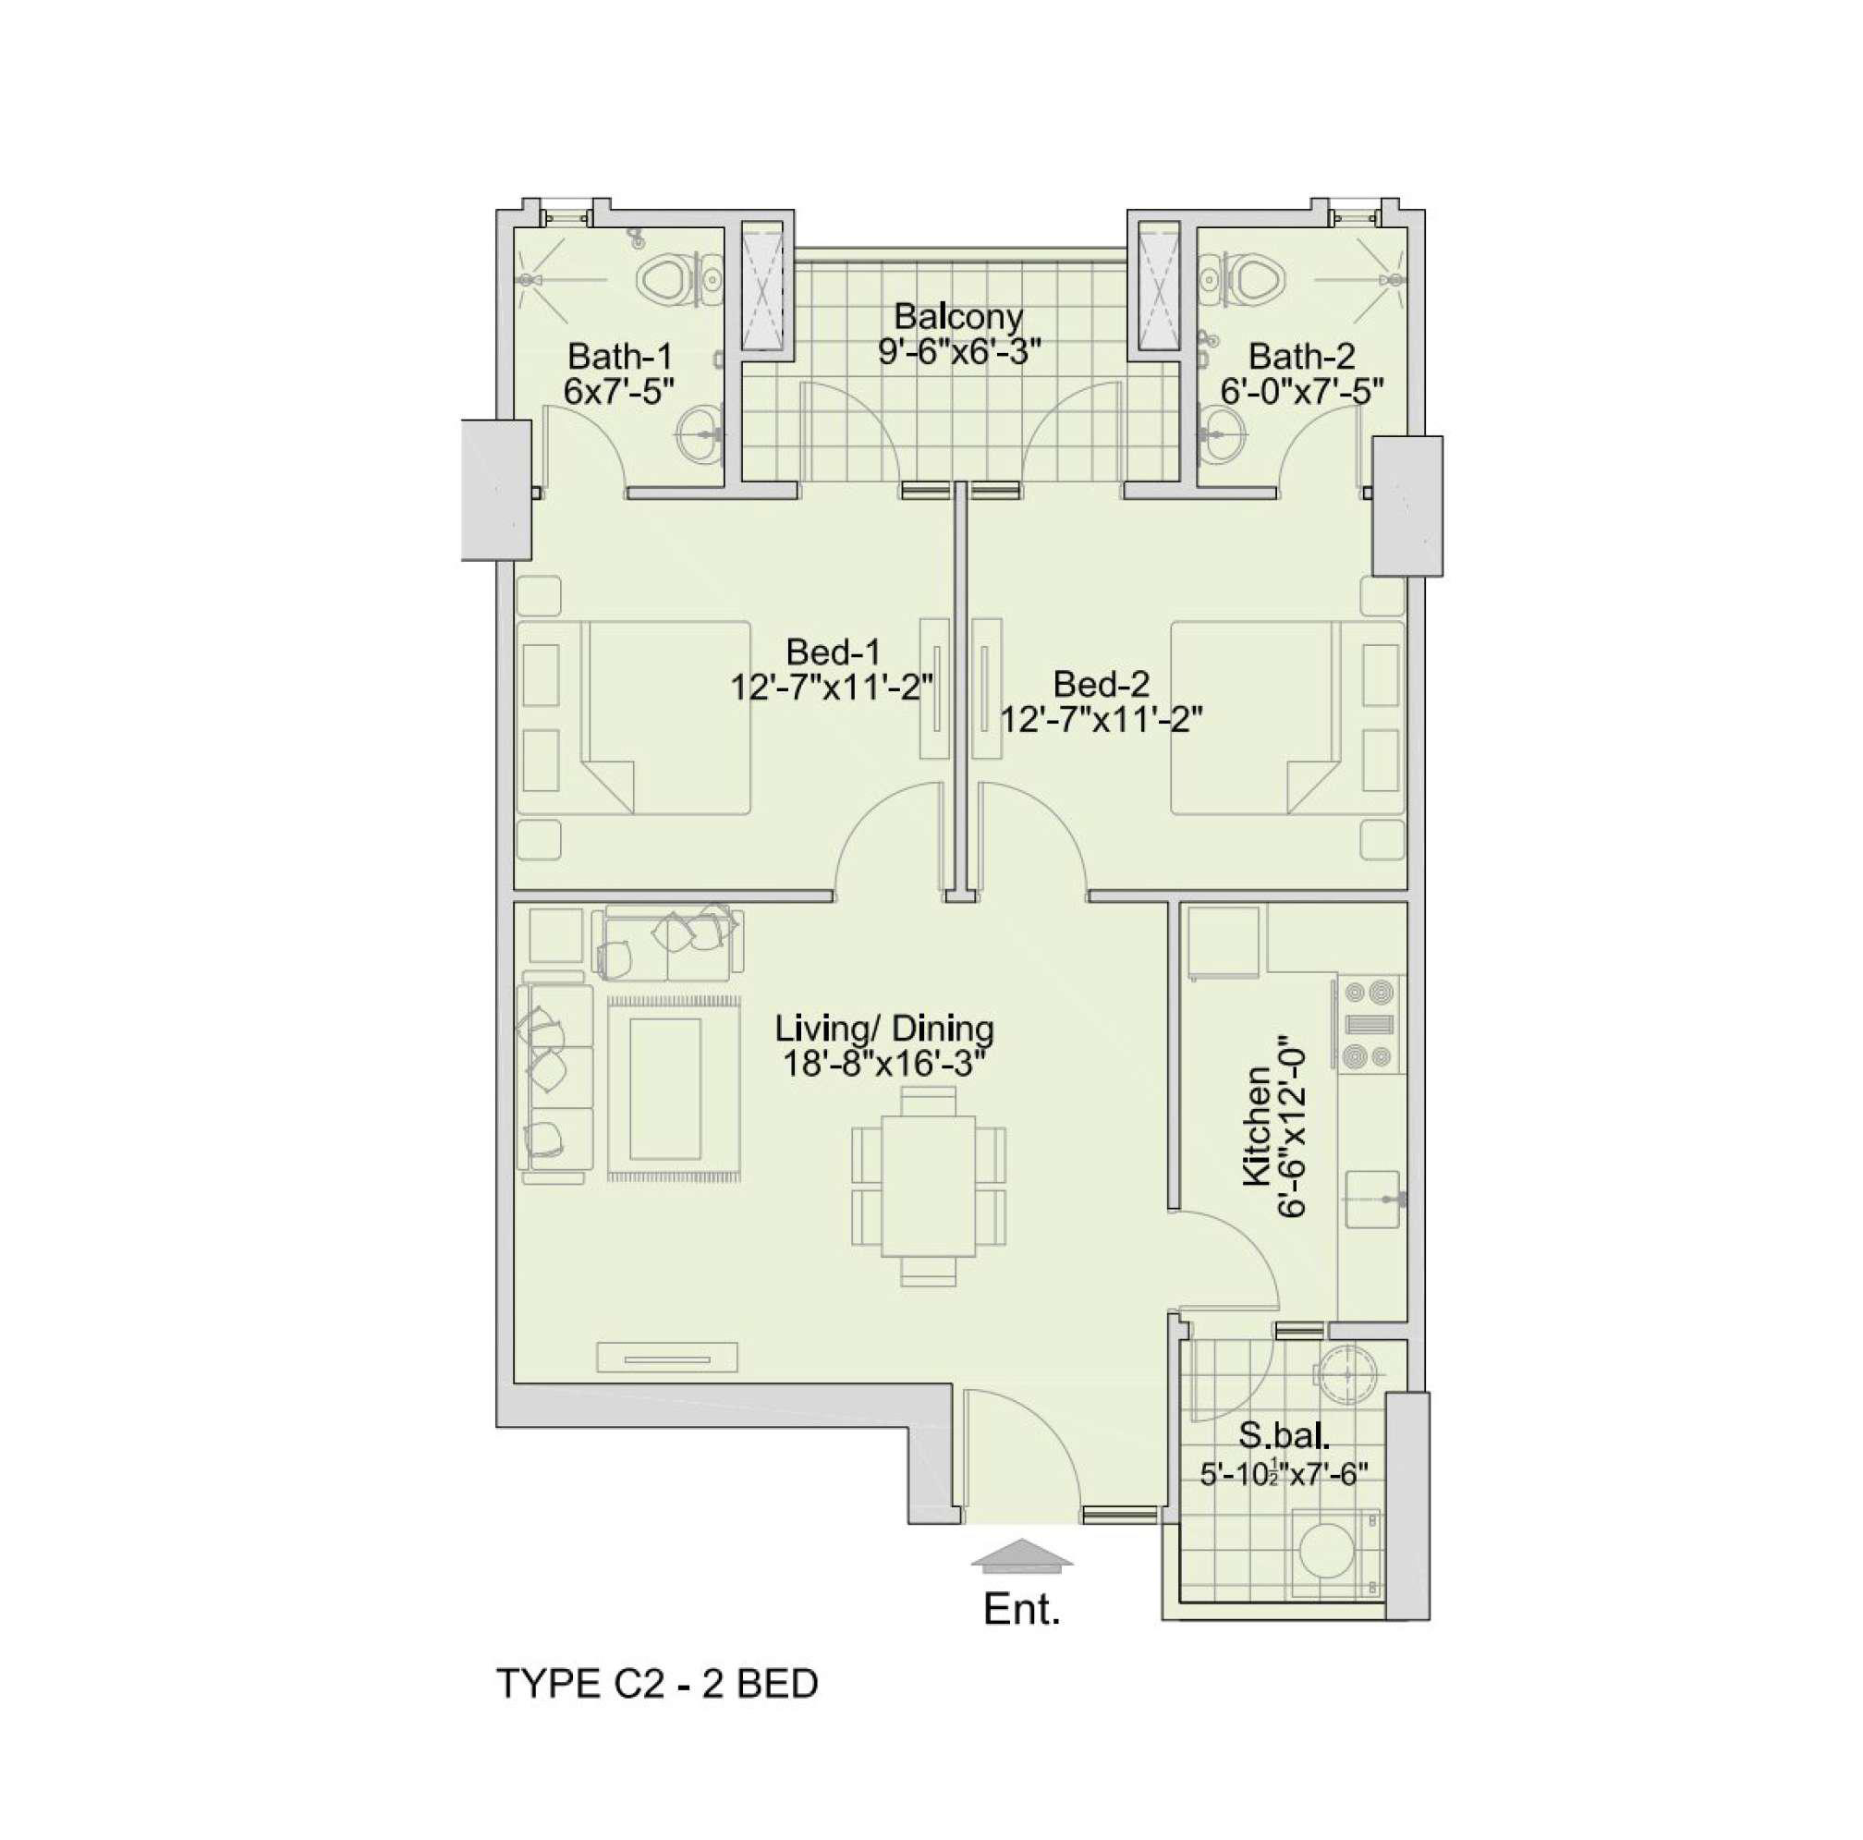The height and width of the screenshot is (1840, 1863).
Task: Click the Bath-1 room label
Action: click(x=618, y=357)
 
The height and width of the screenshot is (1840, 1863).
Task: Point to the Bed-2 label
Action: click(x=1102, y=684)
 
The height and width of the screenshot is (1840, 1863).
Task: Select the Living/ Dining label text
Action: click(x=884, y=1028)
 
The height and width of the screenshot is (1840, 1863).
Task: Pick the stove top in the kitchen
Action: click(x=1367, y=1024)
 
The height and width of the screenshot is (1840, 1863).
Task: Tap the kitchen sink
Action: click(x=1372, y=1199)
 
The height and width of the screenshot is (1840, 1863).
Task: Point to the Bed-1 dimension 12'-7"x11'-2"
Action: click(x=833, y=688)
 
